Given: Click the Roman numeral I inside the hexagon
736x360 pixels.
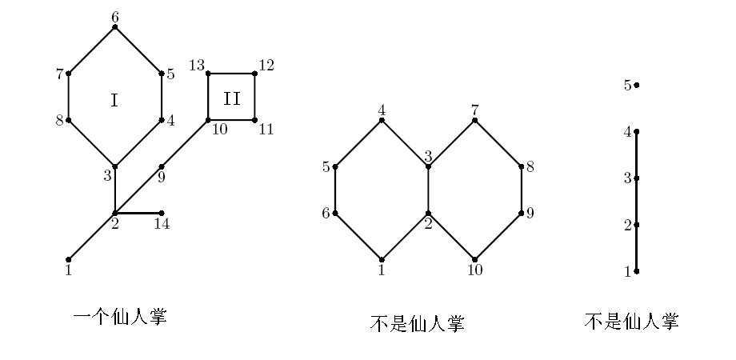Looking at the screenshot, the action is [114, 100].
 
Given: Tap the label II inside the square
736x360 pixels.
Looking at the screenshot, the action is [231, 98].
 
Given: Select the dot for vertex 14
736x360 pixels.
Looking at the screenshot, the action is [162, 213].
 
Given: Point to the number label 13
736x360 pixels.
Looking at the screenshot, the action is [197, 65].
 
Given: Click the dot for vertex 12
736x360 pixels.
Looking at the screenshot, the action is [254, 74].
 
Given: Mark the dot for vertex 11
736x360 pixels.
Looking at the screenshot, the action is [254, 120].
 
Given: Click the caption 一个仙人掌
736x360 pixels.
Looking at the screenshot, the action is [120, 317].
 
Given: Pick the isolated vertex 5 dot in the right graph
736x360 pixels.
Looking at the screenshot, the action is [637, 85].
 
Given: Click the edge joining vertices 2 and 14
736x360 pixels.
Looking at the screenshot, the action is [138, 213].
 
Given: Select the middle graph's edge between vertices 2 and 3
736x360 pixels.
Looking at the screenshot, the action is [428, 190].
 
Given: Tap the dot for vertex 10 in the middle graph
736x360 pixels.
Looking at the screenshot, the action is [474, 259].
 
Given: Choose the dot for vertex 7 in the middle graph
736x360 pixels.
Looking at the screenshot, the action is [474, 120].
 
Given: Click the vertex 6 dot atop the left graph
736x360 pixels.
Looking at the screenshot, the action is [115, 27].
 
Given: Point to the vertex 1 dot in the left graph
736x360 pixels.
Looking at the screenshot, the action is [69, 259].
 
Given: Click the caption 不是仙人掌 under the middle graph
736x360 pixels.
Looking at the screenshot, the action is [417, 323].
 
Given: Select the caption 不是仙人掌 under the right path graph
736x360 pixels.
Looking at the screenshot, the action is [631, 322].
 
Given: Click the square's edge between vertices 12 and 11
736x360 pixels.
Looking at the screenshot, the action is [254, 97].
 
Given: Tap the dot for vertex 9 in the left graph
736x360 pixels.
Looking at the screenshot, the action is [162, 166].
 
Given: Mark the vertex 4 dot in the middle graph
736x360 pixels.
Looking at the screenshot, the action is [382, 120].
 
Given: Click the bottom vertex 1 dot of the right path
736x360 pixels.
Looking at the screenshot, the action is [637, 271].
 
